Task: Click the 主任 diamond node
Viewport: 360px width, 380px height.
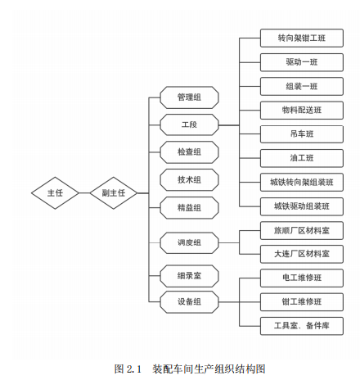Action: coord(55,193)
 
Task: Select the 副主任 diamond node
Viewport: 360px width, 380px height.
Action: coord(114,193)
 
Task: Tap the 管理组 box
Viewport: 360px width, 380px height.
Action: coord(189,97)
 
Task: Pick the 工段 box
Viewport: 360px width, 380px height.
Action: coord(189,125)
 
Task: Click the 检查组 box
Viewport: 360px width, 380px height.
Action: coord(189,152)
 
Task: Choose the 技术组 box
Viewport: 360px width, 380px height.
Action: coord(189,180)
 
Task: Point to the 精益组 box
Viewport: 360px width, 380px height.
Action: coord(189,208)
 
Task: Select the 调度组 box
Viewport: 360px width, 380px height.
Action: coord(189,242)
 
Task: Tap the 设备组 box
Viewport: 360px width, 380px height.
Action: coord(189,302)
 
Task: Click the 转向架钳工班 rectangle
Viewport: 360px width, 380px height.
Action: coord(302,38)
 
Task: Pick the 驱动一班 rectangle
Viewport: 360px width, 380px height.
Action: coord(302,62)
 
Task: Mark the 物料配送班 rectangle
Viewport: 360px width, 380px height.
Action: coord(302,111)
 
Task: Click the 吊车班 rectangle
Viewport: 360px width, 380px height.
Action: coord(302,134)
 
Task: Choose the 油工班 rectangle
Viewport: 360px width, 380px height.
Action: coord(302,158)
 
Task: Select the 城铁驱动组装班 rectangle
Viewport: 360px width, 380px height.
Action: coord(302,206)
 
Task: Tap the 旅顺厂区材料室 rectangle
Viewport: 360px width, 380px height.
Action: coord(302,231)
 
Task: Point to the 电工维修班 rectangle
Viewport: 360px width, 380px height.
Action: coord(302,278)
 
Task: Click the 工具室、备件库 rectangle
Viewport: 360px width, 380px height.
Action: coord(302,326)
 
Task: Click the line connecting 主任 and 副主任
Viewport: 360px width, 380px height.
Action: coord(84,193)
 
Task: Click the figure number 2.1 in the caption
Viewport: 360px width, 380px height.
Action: coord(133,369)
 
